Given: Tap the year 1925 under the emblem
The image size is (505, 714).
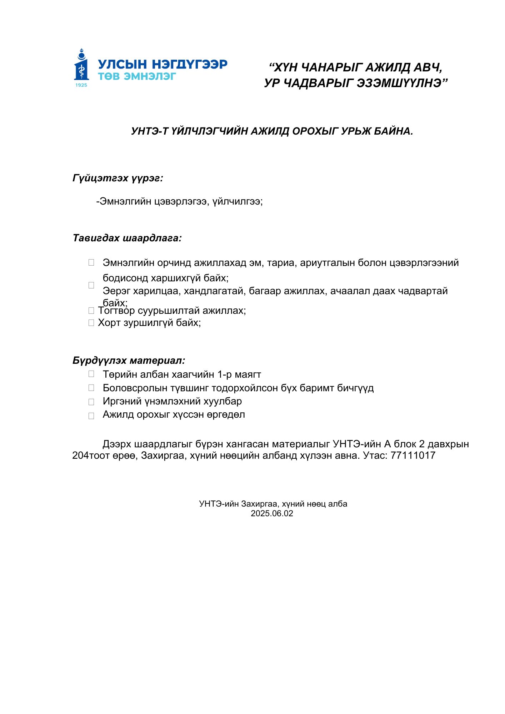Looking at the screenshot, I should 81,85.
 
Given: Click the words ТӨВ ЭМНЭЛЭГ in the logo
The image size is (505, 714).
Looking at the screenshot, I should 137,76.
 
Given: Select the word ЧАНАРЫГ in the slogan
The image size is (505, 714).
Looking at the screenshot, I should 330,67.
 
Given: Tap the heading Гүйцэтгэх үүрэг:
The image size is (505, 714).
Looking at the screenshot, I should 118,178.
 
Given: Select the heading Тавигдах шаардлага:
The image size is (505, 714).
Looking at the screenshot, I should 127,238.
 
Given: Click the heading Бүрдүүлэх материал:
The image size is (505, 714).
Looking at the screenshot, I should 129,360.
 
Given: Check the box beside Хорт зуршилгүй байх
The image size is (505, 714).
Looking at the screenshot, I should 91,323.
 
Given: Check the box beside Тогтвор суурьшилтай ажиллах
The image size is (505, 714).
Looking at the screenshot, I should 91,311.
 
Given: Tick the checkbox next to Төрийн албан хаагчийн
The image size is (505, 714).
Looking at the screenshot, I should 91,374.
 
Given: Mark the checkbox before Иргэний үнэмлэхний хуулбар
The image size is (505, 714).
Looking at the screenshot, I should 91,402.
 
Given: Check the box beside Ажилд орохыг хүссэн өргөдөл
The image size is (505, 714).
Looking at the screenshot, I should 91,416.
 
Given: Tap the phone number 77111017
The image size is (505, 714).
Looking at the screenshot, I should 413,455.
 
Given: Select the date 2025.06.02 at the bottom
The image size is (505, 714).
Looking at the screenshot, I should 272,513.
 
